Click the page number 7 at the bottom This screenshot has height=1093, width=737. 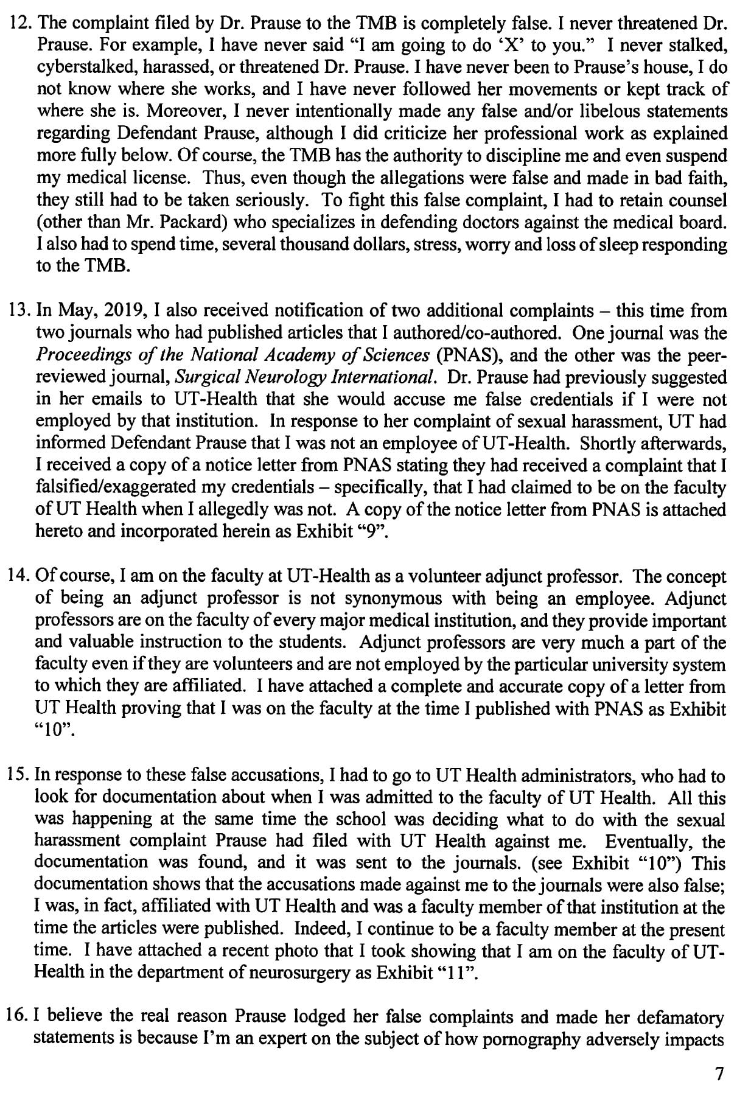[720, 1075]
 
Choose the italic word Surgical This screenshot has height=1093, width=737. [202, 377]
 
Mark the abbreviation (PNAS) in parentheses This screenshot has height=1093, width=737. [459, 355]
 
